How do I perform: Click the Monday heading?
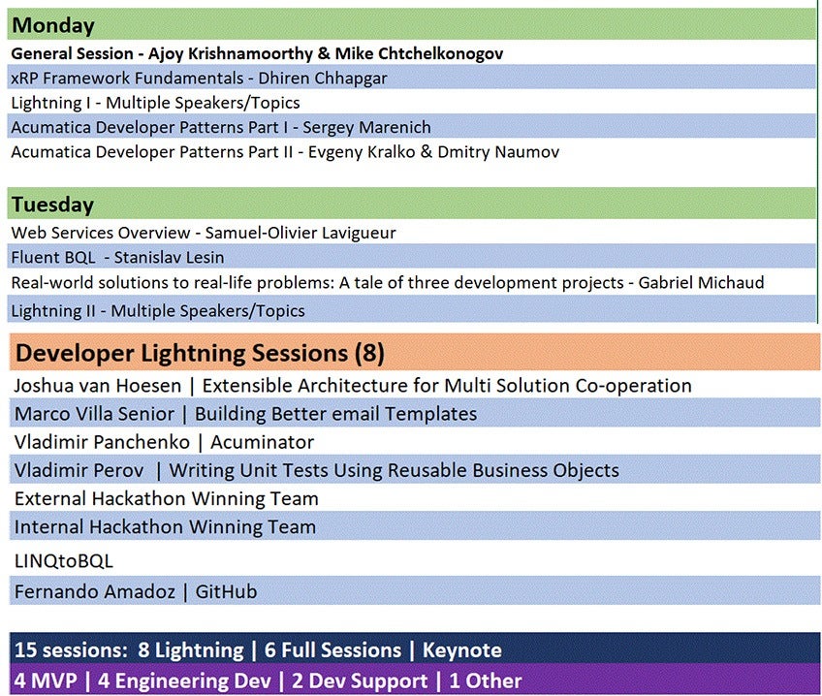(x=53, y=25)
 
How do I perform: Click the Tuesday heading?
(x=52, y=205)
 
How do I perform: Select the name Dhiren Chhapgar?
(x=323, y=79)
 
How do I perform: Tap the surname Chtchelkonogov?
(x=440, y=53)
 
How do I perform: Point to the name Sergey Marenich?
(x=367, y=127)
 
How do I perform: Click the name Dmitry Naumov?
(x=498, y=152)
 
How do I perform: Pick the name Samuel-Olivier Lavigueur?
(x=300, y=233)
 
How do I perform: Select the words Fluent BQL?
(x=53, y=257)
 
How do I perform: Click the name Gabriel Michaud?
(x=701, y=282)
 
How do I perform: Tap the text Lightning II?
(x=53, y=311)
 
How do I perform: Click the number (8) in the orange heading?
(x=369, y=353)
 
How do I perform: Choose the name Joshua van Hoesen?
(x=98, y=386)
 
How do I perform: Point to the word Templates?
(x=430, y=414)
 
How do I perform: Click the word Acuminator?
(x=262, y=442)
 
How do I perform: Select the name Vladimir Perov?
(x=79, y=471)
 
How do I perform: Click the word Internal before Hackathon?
(x=49, y=526)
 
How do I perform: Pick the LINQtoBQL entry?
(x=63, y=561)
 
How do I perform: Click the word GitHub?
(x=226, y=591)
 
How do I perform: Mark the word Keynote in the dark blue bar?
(x=461, y=649)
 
